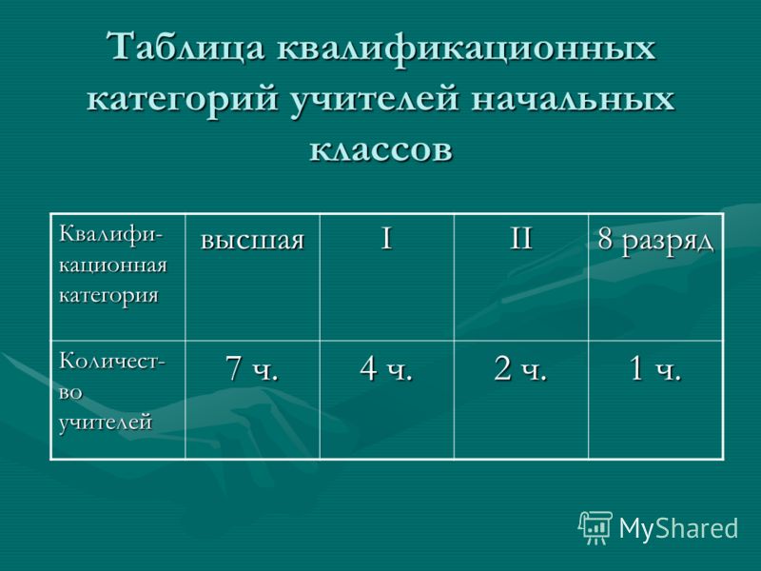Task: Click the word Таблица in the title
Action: pyautogui.click(x=185, y=48)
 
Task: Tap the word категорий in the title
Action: pyautogui.click(x=183, y=99)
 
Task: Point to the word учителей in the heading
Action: pyautogui.click(x=375, y=99)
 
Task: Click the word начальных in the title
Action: pyautogui.click(x=573, y=99)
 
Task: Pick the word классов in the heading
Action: pyautogui.click(x=381, y=149)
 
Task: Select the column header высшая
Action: pyautogui.click(x=252, y=240)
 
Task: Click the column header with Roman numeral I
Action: pyautogui.click(x=386, y=238)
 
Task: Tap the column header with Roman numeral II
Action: pyautogui.click(x=520, y=238)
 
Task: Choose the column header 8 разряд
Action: pyautogui.click(x=655, y=240)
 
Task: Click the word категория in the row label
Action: pyautogui.click(x=108, y=296)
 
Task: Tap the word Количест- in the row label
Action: pyautogui.click(x=112, y=362)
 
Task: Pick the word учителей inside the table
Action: pyautogui.click(x=106, y=422)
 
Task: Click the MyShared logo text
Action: pyautogui.click(x=678, y=528)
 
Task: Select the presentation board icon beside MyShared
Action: pyautogui.click(x=595, y=527)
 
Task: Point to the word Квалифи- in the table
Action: pyautogui.click(x=112, y=234)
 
